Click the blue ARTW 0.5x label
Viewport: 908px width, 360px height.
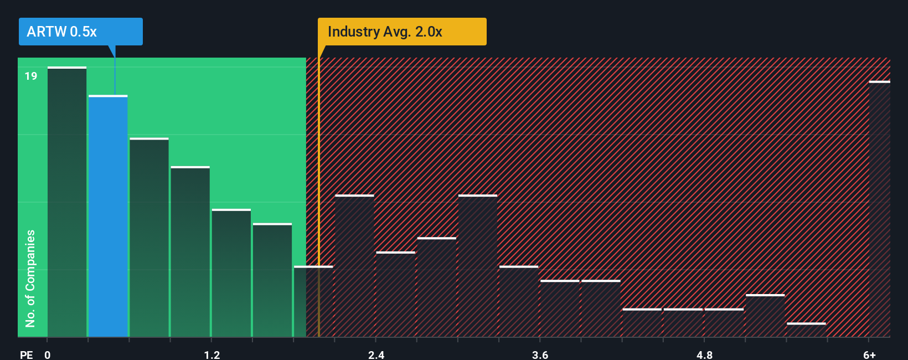80,32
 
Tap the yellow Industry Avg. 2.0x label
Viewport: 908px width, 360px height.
402,32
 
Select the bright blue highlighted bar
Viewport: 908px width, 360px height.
108,216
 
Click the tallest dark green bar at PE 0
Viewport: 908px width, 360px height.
67,202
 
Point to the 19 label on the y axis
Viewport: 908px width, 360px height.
31,76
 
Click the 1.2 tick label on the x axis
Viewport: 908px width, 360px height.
212,354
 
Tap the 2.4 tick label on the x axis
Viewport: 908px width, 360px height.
376,354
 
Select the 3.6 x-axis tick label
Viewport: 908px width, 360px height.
540,354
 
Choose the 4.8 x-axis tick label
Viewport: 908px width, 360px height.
704,354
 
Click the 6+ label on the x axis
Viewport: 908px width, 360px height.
869,354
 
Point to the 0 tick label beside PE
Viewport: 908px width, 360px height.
48,354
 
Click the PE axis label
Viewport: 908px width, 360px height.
27,354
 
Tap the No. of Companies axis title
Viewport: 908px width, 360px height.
30,278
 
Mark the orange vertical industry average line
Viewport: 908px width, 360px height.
319,194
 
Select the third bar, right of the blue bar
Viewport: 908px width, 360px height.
149,238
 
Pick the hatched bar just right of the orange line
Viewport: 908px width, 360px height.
354,266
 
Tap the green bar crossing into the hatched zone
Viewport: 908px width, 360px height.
313,302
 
